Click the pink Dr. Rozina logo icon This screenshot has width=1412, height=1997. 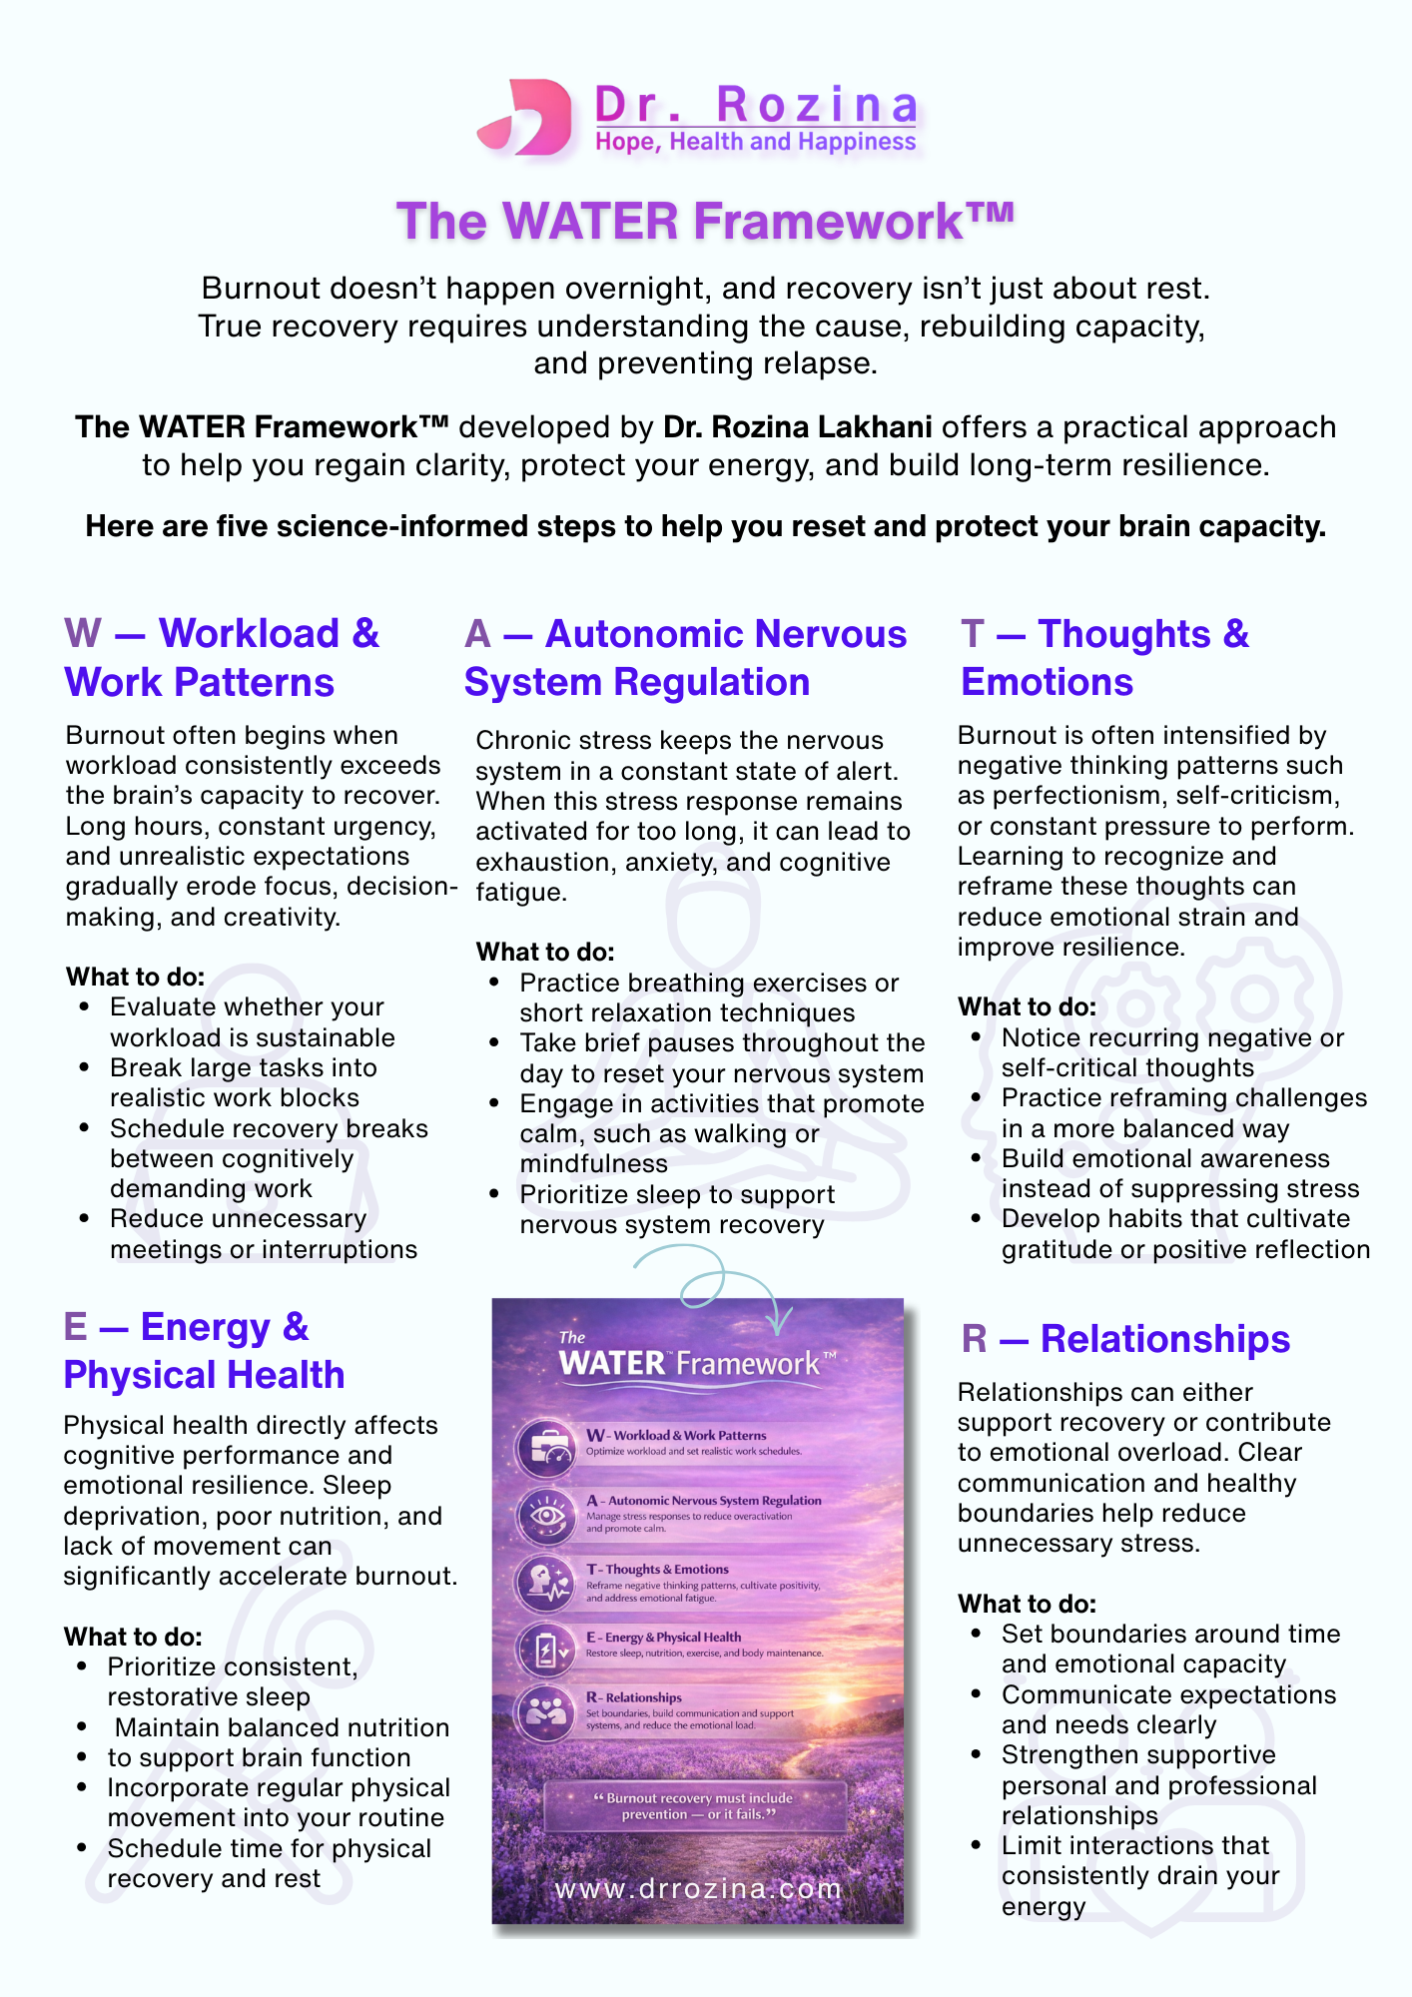point(526,117)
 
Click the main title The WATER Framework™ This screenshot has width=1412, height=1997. point(705,221)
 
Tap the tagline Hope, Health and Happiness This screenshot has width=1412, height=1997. point(755,142)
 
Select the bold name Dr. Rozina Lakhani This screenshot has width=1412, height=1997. point(797,427)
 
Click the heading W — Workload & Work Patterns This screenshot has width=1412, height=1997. point(222,658)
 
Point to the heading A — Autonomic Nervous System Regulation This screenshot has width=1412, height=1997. point(685,658)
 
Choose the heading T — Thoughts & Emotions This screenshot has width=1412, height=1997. point(1104,658)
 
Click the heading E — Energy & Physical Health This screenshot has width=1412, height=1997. point(204,1351)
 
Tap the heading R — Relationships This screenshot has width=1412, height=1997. point(1125,1339)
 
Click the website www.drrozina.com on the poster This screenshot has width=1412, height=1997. point(698,1888)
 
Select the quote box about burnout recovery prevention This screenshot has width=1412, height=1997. point(696,1805)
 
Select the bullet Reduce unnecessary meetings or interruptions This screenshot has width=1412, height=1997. point(263,1234)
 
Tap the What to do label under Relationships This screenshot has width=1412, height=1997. point(1027,1604)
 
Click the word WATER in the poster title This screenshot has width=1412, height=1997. point(611,1364)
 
